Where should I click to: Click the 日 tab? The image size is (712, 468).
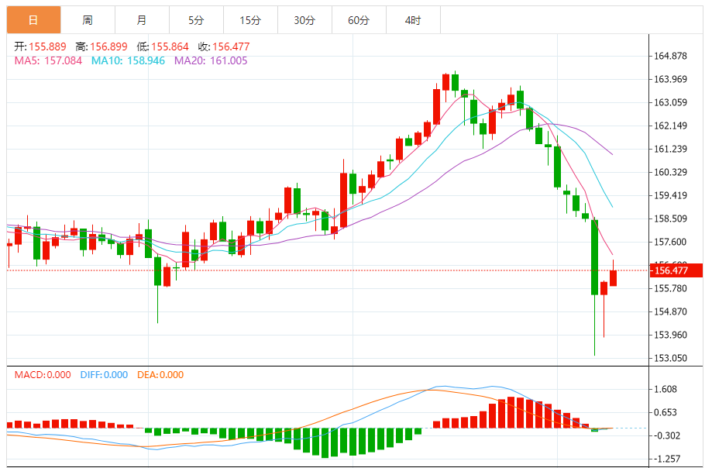33,21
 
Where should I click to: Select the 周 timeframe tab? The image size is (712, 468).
88,21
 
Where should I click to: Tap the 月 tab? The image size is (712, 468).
141,21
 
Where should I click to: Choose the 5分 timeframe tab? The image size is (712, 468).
195,21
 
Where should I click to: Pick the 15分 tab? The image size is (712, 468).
249,21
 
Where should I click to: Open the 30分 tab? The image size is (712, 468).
304,21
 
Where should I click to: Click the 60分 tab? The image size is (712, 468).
359,21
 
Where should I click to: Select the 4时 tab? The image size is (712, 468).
413,21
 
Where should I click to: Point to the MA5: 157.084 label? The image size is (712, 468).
49,60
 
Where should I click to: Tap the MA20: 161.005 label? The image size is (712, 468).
211,60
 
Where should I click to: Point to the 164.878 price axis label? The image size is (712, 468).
671,56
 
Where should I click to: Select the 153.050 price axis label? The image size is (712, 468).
671,358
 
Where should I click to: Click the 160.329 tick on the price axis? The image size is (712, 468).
671,172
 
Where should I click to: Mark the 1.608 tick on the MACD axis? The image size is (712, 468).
666,390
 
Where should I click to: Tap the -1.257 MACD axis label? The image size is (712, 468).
666,459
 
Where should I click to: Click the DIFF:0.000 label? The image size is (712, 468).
104,375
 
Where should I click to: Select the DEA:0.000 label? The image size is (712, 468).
160,375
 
